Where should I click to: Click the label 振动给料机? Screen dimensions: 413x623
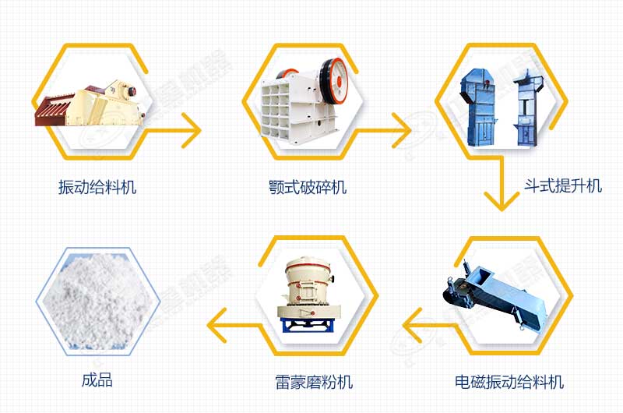point(97,187)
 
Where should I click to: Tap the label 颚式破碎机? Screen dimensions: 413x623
point(308,187)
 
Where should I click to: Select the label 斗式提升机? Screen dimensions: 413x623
point(562,185)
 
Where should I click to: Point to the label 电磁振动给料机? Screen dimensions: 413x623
point(509,382)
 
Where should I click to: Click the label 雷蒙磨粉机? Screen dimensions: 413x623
point(314,382)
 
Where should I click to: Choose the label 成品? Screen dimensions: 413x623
point(97,380)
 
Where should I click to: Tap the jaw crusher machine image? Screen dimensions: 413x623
point(304,100)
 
